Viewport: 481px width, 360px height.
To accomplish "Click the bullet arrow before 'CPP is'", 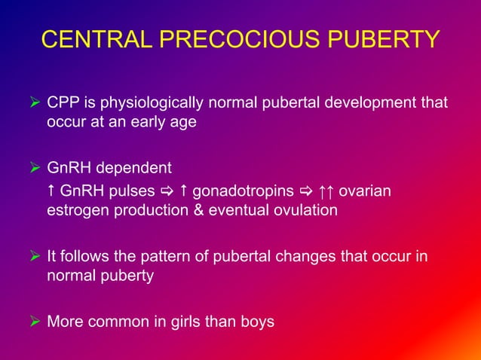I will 33,102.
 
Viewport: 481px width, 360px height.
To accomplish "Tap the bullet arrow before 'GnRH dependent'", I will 33,167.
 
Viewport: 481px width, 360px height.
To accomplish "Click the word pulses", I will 130,190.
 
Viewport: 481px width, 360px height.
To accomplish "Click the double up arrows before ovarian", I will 324,190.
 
